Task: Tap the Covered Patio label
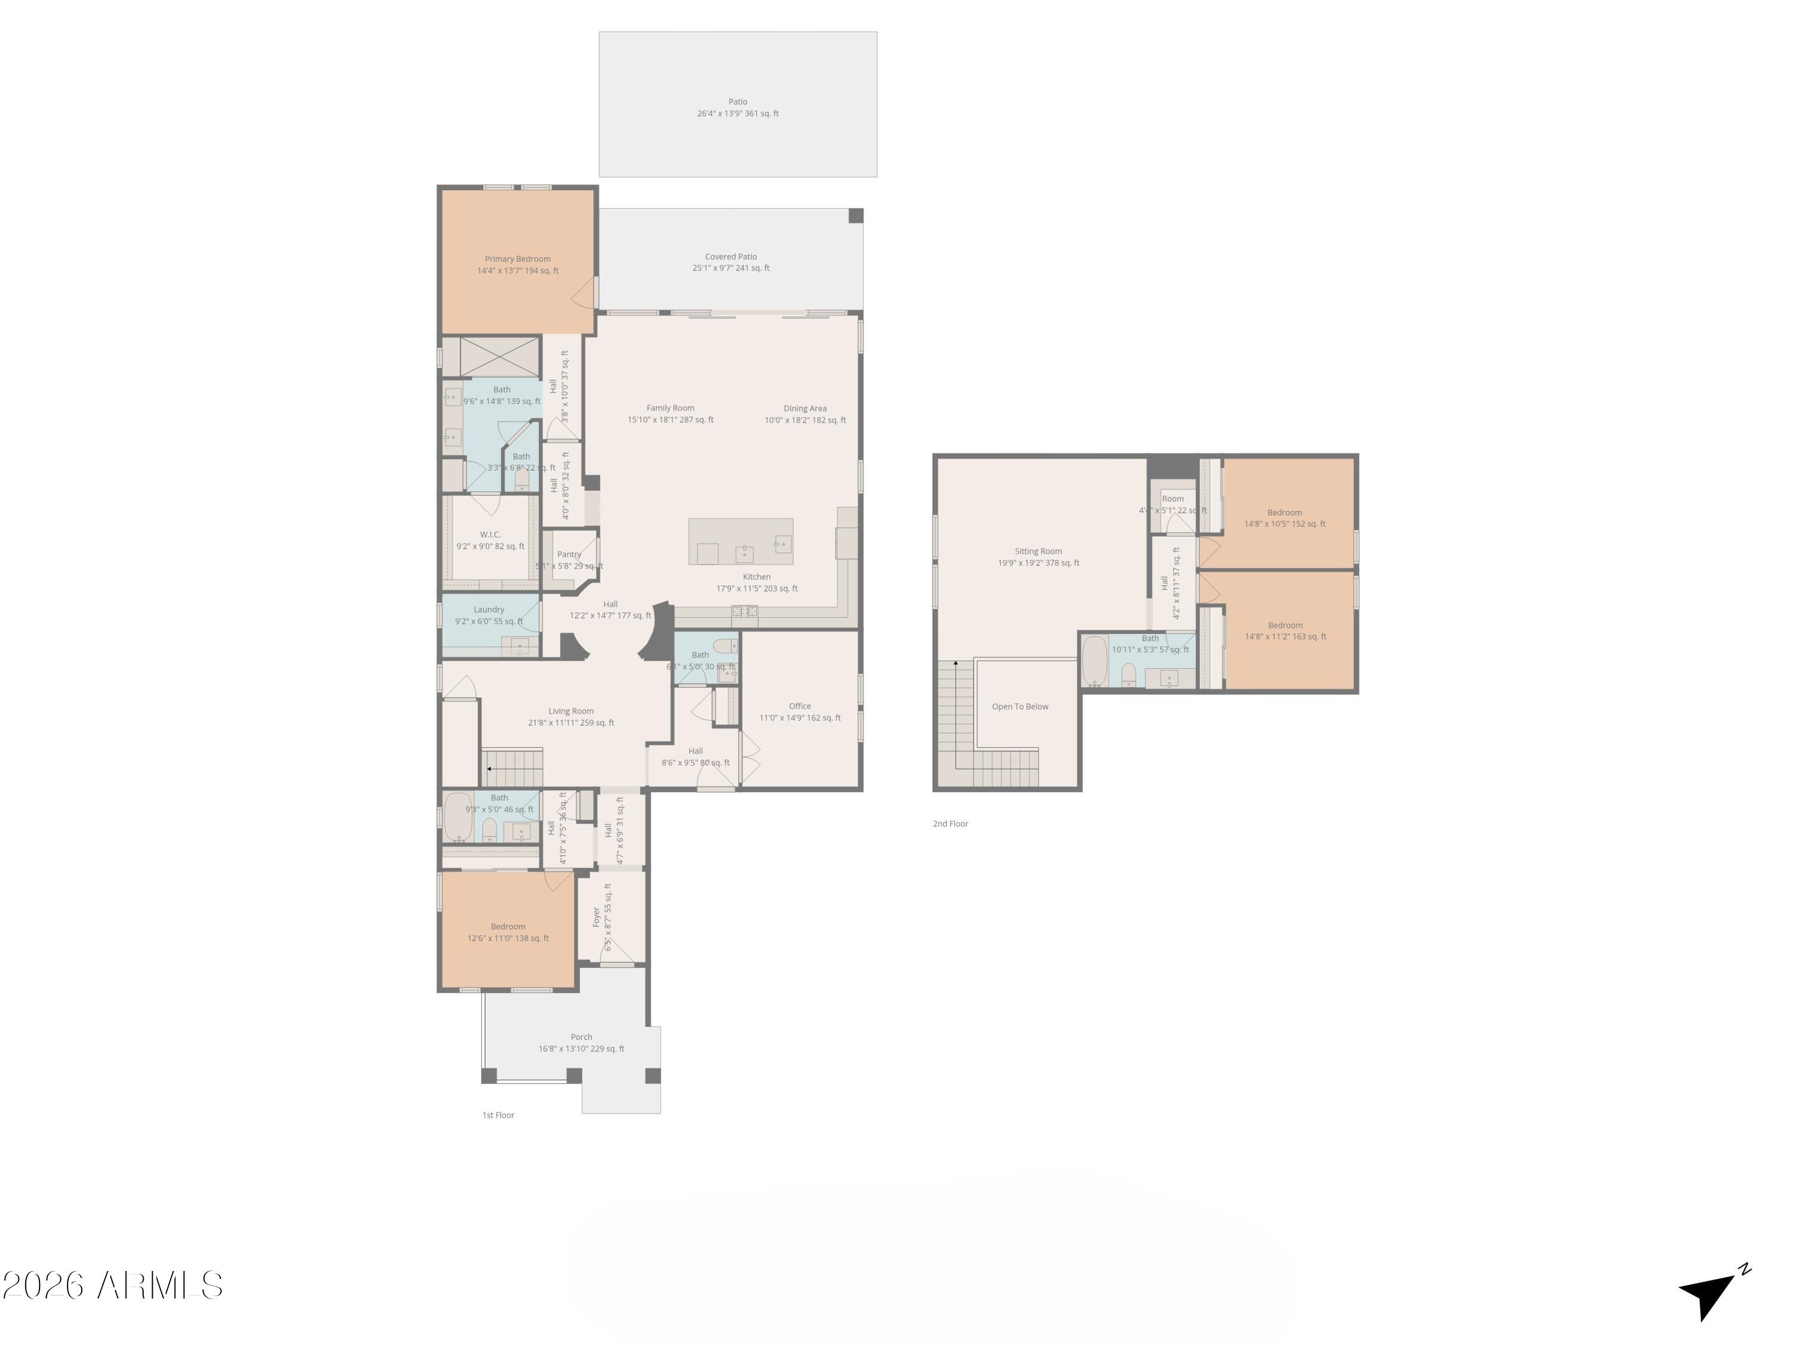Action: (731, 257)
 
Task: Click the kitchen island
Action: (741, 542)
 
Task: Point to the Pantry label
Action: (569, 554)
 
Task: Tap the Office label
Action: (800, 706)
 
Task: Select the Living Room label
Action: (571, 711)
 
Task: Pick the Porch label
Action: (581, 1037)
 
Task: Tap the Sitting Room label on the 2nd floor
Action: (1037, 551)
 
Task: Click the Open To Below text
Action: (1020, 706)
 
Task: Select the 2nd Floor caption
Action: (950, 823)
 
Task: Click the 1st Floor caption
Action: (497, 1115)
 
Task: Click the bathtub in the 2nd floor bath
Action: (1094, 661)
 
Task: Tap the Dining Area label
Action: (805, 408)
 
